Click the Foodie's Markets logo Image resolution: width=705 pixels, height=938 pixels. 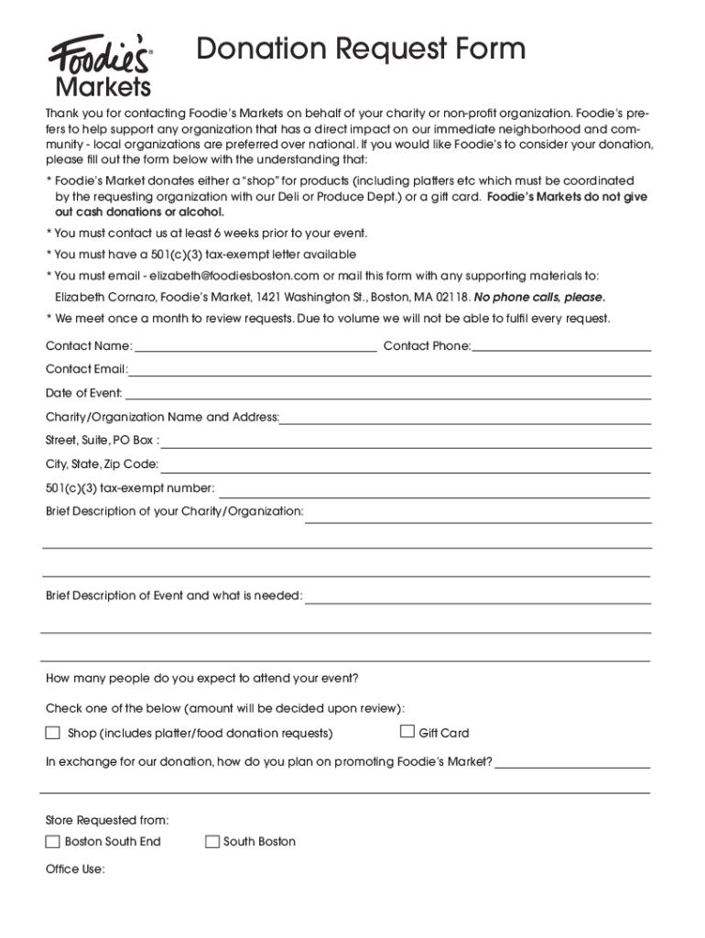point(100,65)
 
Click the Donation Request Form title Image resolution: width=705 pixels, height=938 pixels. point(362,49)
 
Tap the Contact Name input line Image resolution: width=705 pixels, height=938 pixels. point(255,348)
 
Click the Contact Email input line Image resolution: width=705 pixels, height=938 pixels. point(390,373)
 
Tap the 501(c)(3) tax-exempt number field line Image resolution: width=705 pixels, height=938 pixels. point(434,492)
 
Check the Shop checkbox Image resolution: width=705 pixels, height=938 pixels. point(53,733)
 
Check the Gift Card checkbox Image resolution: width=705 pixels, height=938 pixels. point(407,732)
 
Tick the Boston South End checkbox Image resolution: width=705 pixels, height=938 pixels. point(53,842)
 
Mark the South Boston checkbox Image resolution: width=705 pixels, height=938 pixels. point(212,842)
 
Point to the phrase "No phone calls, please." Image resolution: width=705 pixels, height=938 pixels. point(539,298)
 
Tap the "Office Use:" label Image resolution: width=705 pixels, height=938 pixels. point(75,869)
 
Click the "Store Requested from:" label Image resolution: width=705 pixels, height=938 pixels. point(107,820)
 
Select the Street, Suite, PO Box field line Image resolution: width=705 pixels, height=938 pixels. point(407,444)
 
